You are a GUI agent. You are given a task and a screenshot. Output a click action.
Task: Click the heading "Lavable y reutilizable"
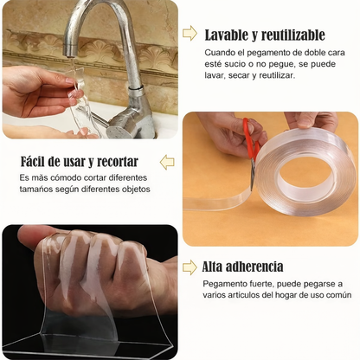pyautogui.click(x=265, y=35)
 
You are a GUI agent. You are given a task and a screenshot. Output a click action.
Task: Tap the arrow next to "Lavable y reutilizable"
pyautogui.click(x=190, y=34)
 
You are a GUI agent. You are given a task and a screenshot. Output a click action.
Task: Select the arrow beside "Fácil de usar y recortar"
pyautogui.click(x=167, y=162)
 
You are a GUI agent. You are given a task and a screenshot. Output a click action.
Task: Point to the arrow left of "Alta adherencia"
pyautogui.click(x=190, y=267)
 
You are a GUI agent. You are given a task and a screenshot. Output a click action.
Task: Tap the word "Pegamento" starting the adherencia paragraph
pyautogui.click(x=228, y=284)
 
